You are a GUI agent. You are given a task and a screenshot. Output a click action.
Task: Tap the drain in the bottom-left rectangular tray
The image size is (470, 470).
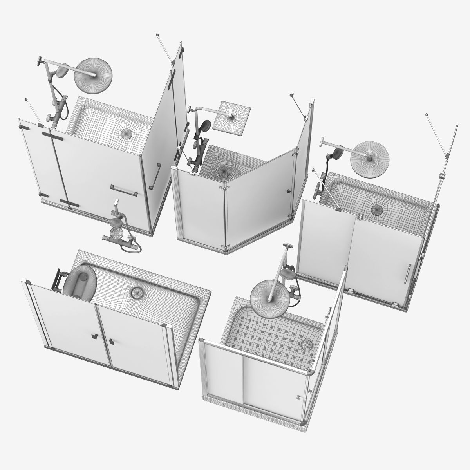137,292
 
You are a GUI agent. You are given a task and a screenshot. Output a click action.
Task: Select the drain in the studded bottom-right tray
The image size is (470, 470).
307,345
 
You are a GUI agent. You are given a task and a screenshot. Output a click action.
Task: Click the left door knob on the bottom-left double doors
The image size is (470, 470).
94,336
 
